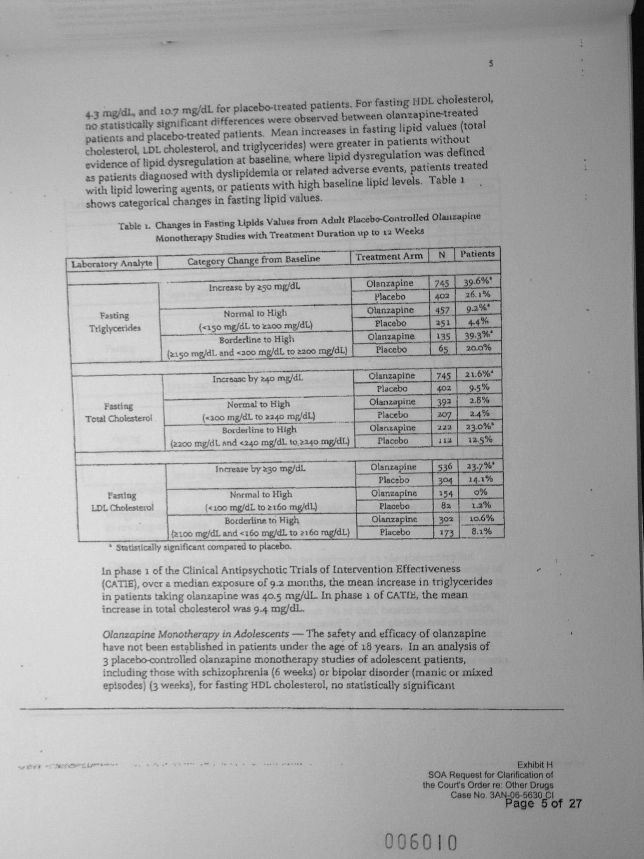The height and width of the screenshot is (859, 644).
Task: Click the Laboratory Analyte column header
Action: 112,263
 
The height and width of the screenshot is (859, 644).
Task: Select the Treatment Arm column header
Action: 389,256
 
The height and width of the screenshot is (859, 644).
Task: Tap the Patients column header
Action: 477,254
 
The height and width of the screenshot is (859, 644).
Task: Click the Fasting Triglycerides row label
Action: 115,322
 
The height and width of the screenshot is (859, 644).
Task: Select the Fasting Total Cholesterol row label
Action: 118,412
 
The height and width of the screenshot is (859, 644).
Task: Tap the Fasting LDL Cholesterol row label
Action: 122,501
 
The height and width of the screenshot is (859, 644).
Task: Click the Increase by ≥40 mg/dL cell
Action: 258,378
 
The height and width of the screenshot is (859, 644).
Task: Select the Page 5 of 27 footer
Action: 543,803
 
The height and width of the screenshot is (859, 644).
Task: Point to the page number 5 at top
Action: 491,64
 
